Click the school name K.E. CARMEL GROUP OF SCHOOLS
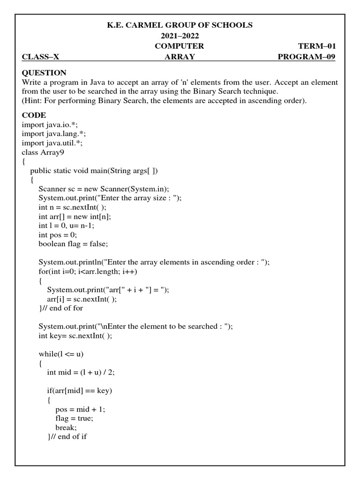(x=180, y=25)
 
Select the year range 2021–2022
(x=180, y=36)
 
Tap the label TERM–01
(x=317, y=46)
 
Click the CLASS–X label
(x=40, y=57)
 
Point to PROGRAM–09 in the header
(x=307, y=57)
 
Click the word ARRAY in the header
(x=180, y=57)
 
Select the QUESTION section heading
(x=44, y=73)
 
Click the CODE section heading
(x=34, y=115)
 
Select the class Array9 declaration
(x=43, y=152)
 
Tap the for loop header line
(x=87, y=271)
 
